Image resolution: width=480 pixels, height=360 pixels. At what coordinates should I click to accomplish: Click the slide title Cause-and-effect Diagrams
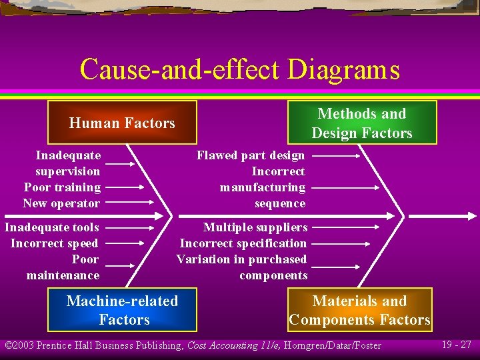click(239, 69)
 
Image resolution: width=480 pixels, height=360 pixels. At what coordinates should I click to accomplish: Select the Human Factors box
click(122, 123)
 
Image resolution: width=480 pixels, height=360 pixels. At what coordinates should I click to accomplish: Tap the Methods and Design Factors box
click(362, 123)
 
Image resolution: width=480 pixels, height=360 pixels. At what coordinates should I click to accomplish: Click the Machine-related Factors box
click(123, 310)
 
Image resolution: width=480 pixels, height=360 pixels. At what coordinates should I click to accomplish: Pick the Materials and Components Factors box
click(360, 310)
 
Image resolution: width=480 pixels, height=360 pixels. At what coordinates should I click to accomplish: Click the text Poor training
click(62, 187)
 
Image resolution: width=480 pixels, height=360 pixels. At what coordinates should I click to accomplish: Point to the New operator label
click(61, 203)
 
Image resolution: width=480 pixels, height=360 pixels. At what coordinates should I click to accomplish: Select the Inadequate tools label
click(52, 227)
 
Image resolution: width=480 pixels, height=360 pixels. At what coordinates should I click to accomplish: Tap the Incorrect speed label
click(54, 243)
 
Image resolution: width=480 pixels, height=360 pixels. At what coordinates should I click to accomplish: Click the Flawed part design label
click(251, 155)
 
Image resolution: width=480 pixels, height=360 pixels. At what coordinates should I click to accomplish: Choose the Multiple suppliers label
click(255, 227)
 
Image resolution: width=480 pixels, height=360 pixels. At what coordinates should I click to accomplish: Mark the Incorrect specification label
click(243, 243)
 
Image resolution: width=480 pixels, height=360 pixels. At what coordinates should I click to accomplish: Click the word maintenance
click(63, 275)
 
